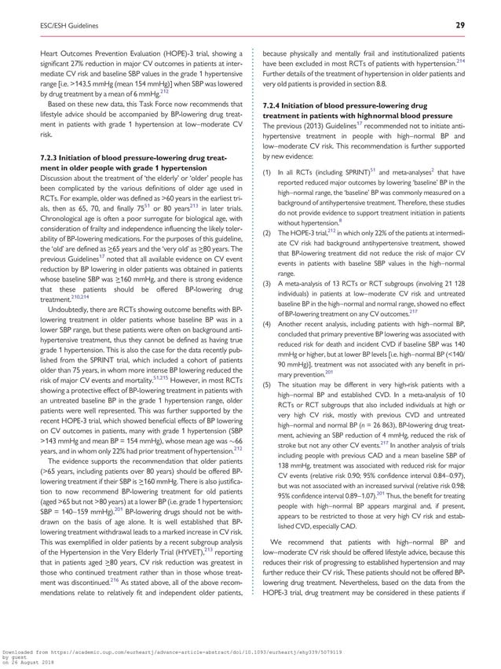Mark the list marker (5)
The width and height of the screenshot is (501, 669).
[x=267, y=374]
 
